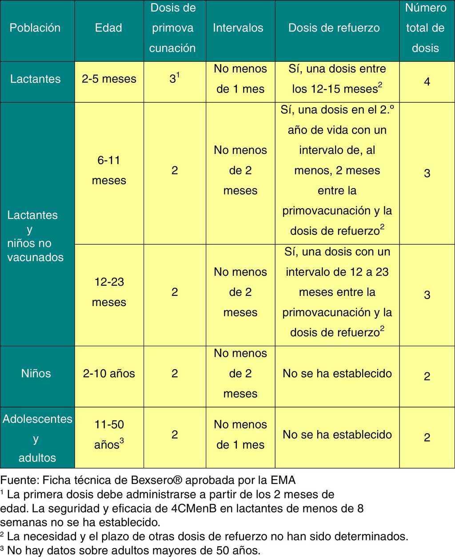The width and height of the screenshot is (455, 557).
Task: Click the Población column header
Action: click(35, 28)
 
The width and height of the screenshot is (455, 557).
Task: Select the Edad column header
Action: click(108, 28)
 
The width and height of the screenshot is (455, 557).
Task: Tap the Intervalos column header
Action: click(238, 28)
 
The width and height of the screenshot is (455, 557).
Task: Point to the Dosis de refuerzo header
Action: click(334, 28)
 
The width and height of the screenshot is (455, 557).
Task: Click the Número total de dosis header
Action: click(425, 28)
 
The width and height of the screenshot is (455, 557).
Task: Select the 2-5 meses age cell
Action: click(109, 79)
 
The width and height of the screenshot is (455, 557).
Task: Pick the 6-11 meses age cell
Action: click(109, 170)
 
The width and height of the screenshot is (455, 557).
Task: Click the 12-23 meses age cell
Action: click(109, 292)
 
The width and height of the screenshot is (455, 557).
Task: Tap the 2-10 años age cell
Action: click(109, 374)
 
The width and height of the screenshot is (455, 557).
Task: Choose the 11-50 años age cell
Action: click(109, 435)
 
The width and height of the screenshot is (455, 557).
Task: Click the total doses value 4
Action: click(427, 82)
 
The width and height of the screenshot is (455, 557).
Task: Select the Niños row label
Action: click(36, 374)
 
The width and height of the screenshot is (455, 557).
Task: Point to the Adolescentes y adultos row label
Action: click(37, 438)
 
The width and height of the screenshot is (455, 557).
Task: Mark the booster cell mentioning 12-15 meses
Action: click(337, 79)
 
